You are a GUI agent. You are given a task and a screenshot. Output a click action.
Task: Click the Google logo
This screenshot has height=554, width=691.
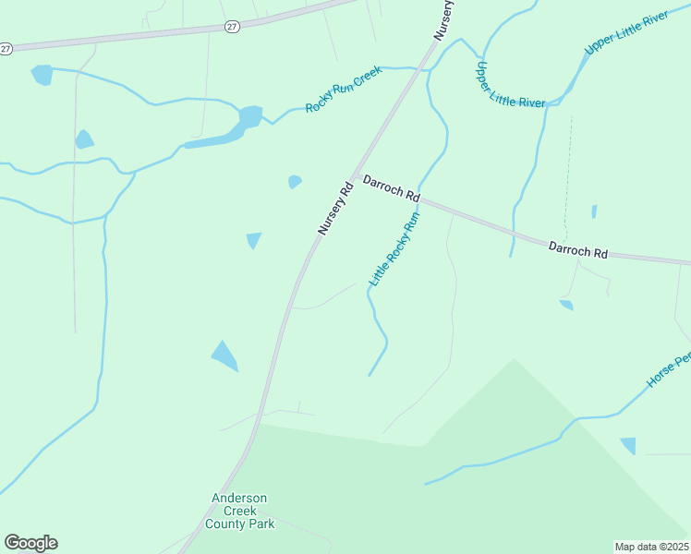pos(30,543)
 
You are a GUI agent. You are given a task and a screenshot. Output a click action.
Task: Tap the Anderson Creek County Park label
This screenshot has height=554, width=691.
pos(239,511)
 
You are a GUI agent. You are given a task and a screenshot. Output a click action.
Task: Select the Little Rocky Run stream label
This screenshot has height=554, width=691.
pos(394,248)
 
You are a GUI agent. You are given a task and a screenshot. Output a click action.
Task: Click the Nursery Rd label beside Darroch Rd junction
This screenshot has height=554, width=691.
pos(335,207)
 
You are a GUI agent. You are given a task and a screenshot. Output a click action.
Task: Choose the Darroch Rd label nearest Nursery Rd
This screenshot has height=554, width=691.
pos(392,188)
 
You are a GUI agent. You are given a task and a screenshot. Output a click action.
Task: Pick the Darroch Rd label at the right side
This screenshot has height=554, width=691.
pos(578,249)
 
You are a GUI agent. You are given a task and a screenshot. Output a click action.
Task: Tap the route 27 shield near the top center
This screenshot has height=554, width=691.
pos(232,28)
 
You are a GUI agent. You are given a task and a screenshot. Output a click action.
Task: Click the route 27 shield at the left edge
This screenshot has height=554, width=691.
pos(5,47)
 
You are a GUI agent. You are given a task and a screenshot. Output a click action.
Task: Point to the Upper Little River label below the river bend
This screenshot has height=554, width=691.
pos(509,86)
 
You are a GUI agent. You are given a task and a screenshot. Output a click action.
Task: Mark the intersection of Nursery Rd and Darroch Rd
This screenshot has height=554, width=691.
pos(353,176)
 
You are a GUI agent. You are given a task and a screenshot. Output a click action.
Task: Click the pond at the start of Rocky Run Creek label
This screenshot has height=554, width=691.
pos(250,117)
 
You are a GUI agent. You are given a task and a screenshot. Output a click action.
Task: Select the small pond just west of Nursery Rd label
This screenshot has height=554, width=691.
pos(295,181)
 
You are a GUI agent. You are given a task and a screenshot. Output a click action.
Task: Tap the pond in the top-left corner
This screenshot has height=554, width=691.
pos(42,75)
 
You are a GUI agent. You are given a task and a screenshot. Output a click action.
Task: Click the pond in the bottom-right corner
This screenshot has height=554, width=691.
pos(628,446)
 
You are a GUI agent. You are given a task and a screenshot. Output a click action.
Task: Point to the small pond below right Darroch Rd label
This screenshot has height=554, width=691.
pos(566,304)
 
